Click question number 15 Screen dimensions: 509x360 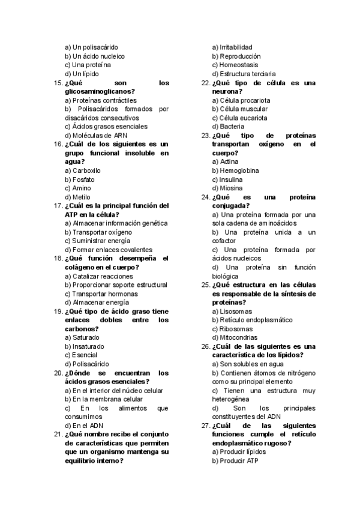(x=58, y=83)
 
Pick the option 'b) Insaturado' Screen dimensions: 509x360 (x=84, y=346)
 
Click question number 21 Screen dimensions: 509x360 (x=58, y=435)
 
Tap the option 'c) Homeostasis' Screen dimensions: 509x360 (x=235, y=65)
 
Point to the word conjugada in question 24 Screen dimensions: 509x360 (x=230, y=206)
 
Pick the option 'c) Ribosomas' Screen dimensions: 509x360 (x=232, y=329)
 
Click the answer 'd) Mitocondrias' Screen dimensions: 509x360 (x=235, y=337)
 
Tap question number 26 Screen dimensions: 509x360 (x=205, y=346)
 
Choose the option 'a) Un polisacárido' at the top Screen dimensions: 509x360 (x=91, y=47)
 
